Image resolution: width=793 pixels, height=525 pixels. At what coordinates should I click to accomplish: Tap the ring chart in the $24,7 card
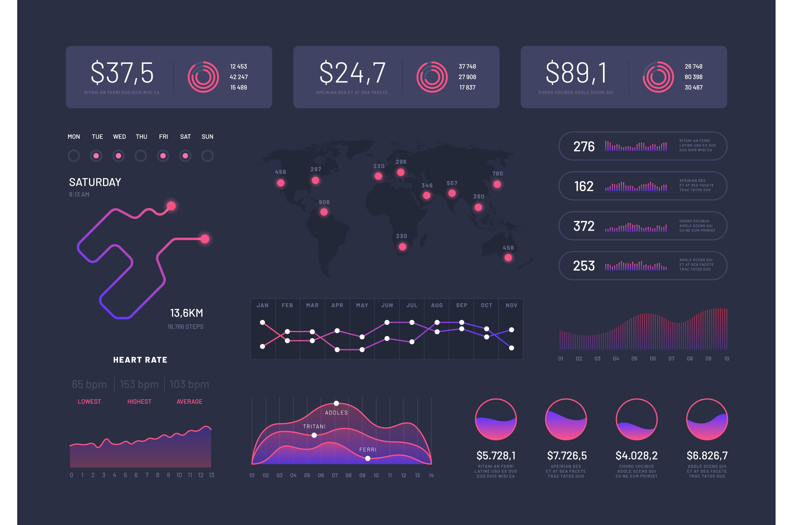[x=432, y=77]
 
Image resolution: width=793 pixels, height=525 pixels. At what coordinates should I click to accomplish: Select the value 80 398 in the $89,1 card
[x=693, y=77]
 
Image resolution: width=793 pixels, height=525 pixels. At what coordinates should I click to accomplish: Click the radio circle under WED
[x=118, y=156]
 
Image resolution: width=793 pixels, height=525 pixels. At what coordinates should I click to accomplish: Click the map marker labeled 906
[x=324, y=212]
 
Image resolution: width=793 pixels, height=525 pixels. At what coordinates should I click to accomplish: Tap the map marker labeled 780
[x=497, y=184]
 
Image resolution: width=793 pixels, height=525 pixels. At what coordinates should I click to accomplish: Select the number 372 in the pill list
[x=584, y=226]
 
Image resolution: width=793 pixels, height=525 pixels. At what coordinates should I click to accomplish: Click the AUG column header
[x=437, y=305]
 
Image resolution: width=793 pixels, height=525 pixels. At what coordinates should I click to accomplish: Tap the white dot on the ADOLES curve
[x=336, y=403]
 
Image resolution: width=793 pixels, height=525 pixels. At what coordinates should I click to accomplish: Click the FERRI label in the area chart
[x=368, y=450]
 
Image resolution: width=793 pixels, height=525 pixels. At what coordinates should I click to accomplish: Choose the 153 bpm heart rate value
[x=139, y=384]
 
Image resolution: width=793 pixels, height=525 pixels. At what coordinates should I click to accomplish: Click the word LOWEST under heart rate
[x=89, y=401]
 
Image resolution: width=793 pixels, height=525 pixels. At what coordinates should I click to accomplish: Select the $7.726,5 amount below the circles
[x=567, y=456]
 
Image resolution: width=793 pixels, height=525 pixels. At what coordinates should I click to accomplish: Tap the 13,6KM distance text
[x=186, y=313]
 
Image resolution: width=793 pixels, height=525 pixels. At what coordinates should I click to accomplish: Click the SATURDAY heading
[x=95, y=182]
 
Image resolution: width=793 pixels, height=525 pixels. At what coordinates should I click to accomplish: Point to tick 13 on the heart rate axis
[x=211, y=475]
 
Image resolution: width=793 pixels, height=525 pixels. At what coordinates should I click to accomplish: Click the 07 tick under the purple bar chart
[x=671, y=359]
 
